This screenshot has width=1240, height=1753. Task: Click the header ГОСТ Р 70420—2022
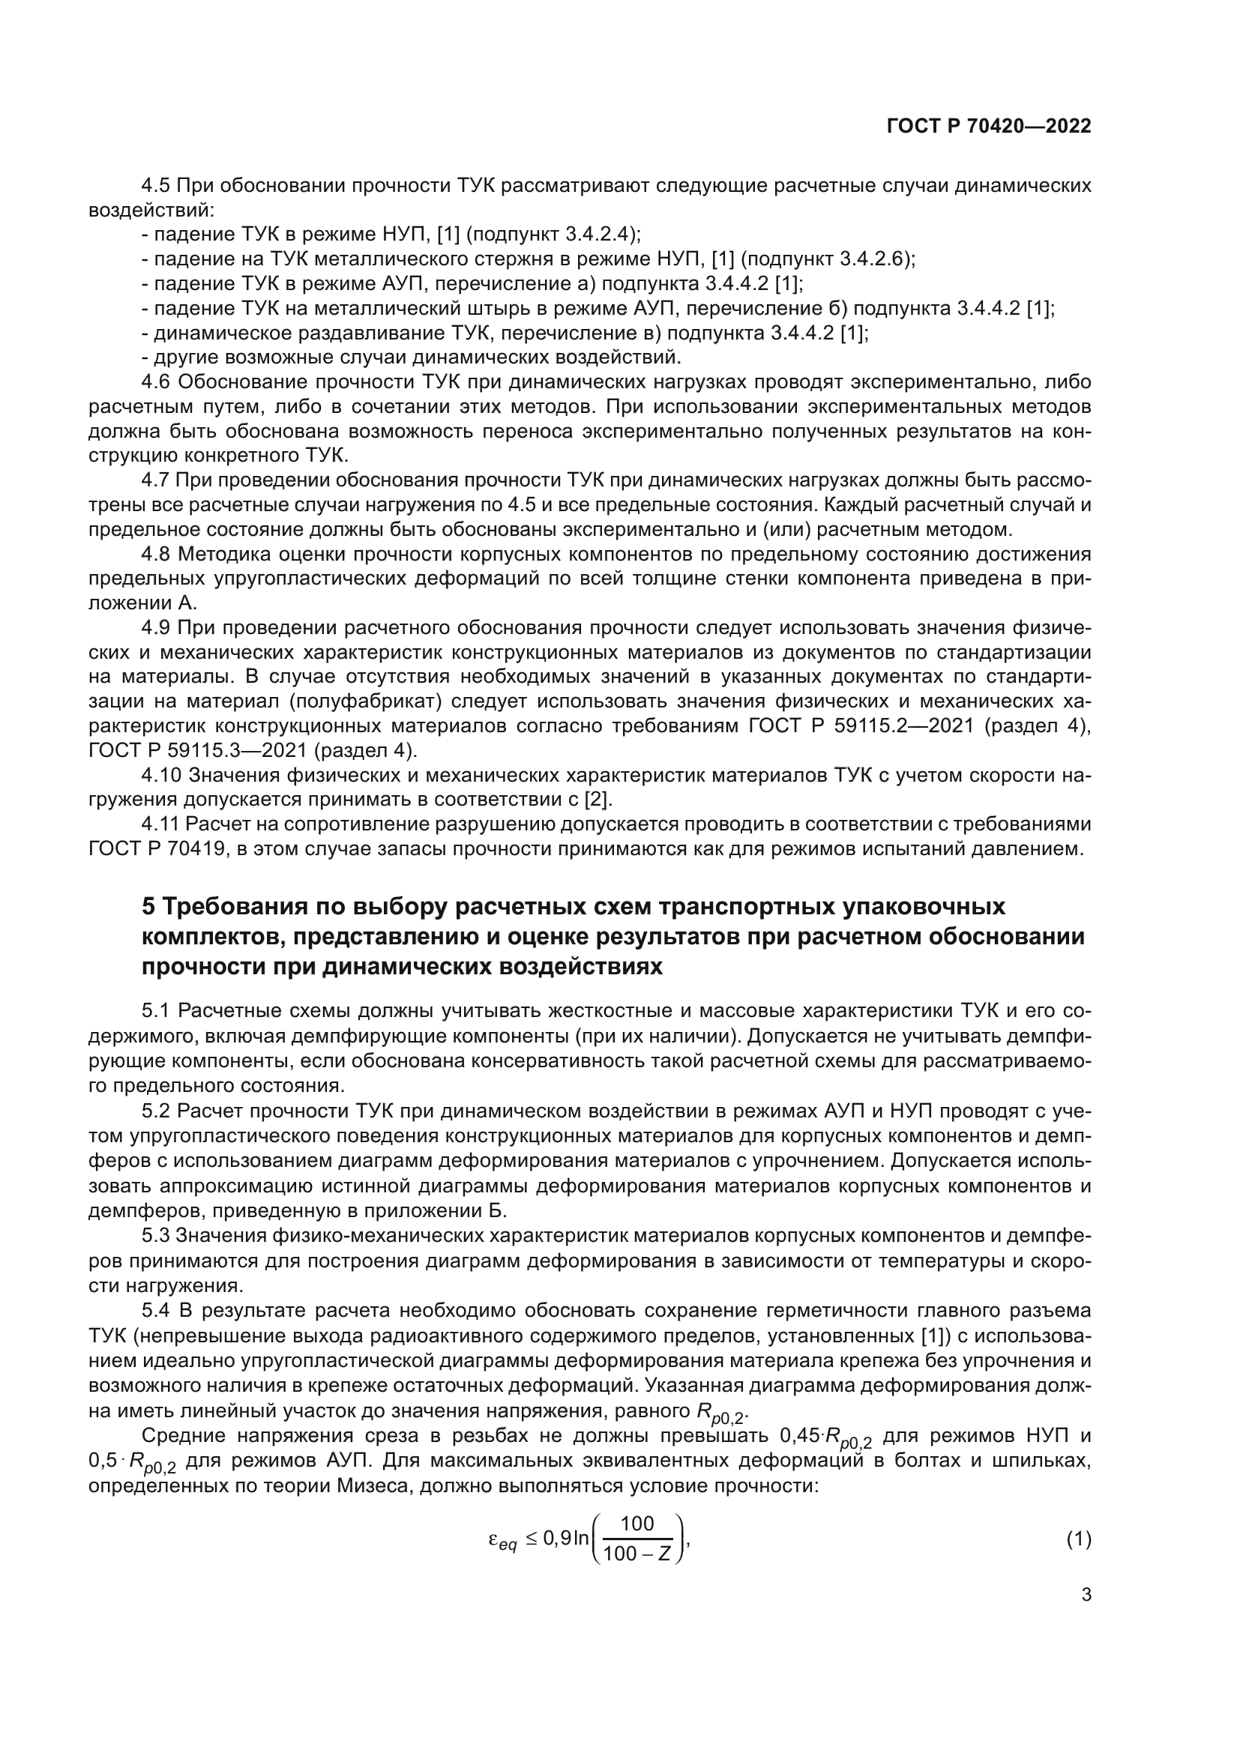pyautogui.click(x=988, y=127)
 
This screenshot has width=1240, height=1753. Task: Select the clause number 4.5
pyautogui.click(x=157, y=186)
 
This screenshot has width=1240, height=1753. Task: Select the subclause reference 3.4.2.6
pyautogui.click(x=870, y=259)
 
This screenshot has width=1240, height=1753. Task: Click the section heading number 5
pyautogui.click(x=149, y=906)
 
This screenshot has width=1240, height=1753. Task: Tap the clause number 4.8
pyautogui.click(x=157, y=554)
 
